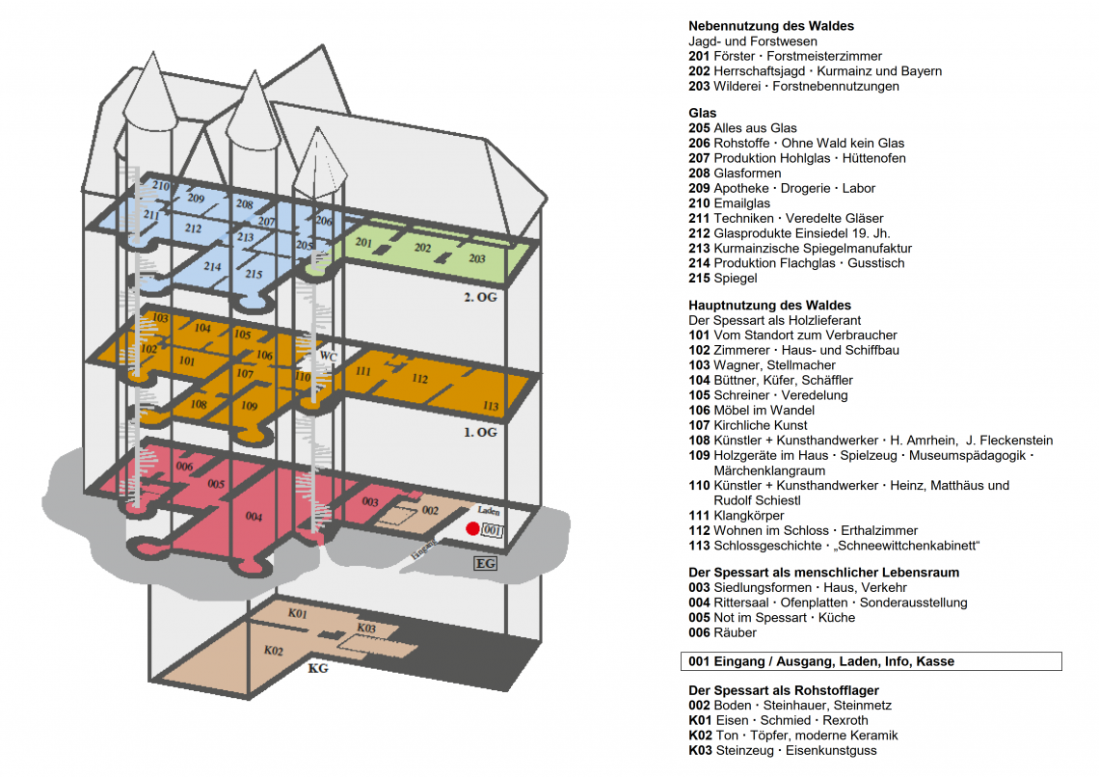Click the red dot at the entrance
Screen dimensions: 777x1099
pyautogui.click(x=472, y=528)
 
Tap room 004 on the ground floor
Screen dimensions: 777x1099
pyautogui.click(x=254, y=518)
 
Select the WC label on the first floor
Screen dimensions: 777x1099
pyautogui.click(x=328, y=356)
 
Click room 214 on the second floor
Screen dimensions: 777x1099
pyautogui.click(x=212, y=266)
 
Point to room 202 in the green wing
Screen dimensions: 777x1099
pyautogui.click(x=422, y=248)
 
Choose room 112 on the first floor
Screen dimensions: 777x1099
pyautogui.click(x=419, y=379)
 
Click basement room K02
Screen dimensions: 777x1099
pyautogui.click(x=273, y=651)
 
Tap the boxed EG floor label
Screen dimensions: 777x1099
pyautogui.click(x=485, y=562)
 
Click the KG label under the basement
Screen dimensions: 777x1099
pyautogui.click(x=317, y=667)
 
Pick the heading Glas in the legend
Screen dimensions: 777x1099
pyautogui.click(x=702, y=113)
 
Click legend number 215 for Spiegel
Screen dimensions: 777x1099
pyautogui.click(x=699, y=279)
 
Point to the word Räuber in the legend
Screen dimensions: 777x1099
pyautogui.click(x=735, y=632)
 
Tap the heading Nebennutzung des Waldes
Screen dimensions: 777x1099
pyautogui.click(x=771, y=26)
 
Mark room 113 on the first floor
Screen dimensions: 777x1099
pyautogui.click(x=491, y=406)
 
